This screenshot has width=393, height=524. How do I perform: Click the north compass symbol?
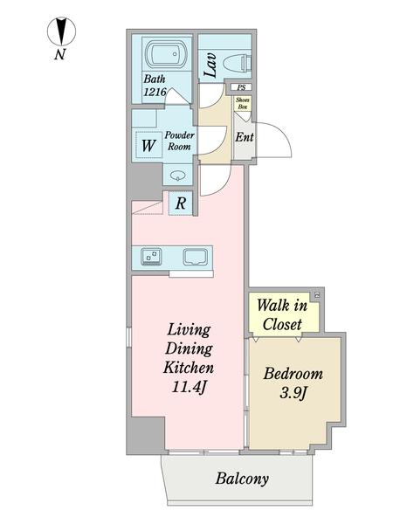point(61,31)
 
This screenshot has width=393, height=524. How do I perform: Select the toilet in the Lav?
point(237,63)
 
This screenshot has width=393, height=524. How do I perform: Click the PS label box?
point(241,87)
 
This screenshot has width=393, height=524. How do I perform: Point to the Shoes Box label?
point(243,103)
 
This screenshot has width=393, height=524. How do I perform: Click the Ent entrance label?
point(245,137)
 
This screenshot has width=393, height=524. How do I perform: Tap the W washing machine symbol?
point(148,146)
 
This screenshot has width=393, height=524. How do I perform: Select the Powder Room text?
point(179,141)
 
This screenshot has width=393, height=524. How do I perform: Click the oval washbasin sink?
point(177,175)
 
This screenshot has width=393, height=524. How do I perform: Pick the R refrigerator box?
point(181,203)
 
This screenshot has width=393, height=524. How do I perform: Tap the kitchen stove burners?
point(151,257)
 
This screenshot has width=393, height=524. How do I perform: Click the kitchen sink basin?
point(195,258)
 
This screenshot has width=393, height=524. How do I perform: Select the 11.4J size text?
point(189,387)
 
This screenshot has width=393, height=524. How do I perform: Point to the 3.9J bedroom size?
point(293,393)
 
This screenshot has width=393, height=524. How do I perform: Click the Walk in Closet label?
point(282,314)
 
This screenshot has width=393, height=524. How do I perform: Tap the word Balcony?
point(242,479)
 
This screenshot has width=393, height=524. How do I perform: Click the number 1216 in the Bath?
point(155,92)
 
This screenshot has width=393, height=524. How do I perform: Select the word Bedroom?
point(293,374)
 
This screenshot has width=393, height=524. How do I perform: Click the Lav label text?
point(210,65)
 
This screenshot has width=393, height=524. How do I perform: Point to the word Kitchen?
point(189,368)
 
